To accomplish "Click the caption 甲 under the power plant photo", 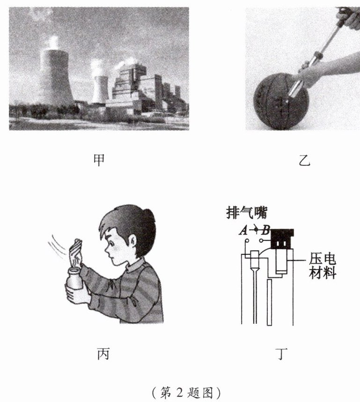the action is click(x=99, y=160).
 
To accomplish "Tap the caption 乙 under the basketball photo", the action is click(x=304, y=161).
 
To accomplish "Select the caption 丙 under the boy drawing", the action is click(x=103, y=354).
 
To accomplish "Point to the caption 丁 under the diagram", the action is click(x=281, y=354).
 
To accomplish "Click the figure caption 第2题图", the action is click(x=186, y=393).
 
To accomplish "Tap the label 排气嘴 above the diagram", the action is click(x=247, y=213).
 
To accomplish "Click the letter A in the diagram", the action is click(x=243, y=231).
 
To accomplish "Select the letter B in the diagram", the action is click(x=265, y=231).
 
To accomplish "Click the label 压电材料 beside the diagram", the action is click(x=323, y=266).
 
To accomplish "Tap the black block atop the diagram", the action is click(x=282, y=239).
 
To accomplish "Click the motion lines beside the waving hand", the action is click(x=58, y=246).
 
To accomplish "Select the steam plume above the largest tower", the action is click(x=52, y=42).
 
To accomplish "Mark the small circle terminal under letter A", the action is click(x=247, y=241).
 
